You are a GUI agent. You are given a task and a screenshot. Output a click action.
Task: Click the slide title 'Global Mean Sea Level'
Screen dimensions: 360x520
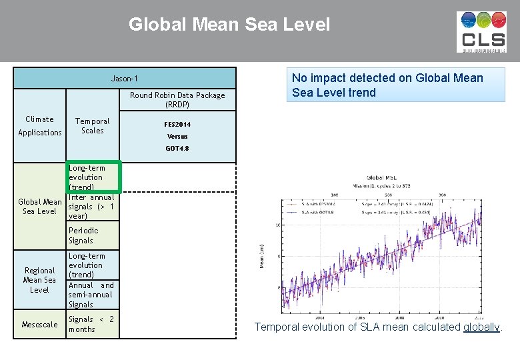[229, 25]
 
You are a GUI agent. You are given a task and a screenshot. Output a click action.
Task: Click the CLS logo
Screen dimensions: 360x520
[481, 32]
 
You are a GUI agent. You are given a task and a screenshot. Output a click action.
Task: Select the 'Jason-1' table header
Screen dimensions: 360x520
[125, 79]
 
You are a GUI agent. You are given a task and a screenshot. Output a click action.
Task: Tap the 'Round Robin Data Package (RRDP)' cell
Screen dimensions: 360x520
[177, 99]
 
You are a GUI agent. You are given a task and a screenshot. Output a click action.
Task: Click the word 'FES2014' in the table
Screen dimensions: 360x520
[177, 124]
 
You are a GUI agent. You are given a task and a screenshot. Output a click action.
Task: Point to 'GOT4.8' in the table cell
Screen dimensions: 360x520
[177, 149]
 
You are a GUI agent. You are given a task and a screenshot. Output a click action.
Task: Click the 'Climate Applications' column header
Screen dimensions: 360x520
[39, 126]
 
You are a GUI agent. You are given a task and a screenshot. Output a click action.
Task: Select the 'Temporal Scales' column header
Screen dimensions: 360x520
[93, 126]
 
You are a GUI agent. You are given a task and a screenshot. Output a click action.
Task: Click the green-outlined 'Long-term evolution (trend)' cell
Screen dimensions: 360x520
[93, 177]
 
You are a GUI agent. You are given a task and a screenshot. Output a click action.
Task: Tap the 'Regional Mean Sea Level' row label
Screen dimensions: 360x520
[39, 280]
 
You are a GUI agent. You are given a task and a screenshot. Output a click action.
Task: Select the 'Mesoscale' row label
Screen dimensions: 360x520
[39, 325]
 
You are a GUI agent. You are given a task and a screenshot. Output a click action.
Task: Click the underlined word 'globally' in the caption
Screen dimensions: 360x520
[481, 327]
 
